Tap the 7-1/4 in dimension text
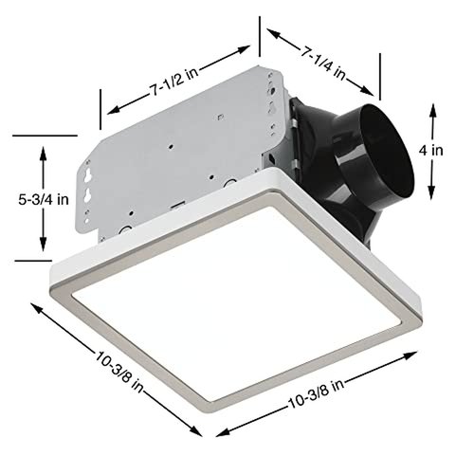(324, 52)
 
